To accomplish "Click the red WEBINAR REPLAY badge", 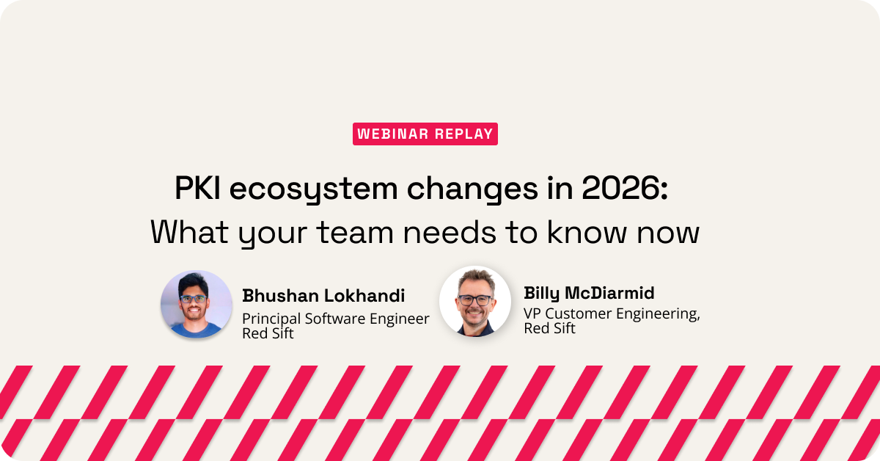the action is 425,134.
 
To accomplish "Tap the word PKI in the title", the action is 197,189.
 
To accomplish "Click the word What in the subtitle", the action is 189,232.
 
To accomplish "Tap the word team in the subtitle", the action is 355,233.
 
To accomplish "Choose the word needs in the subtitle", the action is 450,232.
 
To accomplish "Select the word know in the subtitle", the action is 587,232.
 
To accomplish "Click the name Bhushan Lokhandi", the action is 323,296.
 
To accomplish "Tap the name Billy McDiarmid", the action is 589,294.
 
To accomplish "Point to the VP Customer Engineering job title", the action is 612,313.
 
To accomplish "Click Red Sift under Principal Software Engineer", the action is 268,333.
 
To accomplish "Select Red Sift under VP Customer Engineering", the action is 549,328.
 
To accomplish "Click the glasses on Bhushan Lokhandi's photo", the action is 194,299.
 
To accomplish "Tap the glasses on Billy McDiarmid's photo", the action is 474,300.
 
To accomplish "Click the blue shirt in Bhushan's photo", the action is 197,330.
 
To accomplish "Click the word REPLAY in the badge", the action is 464,134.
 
